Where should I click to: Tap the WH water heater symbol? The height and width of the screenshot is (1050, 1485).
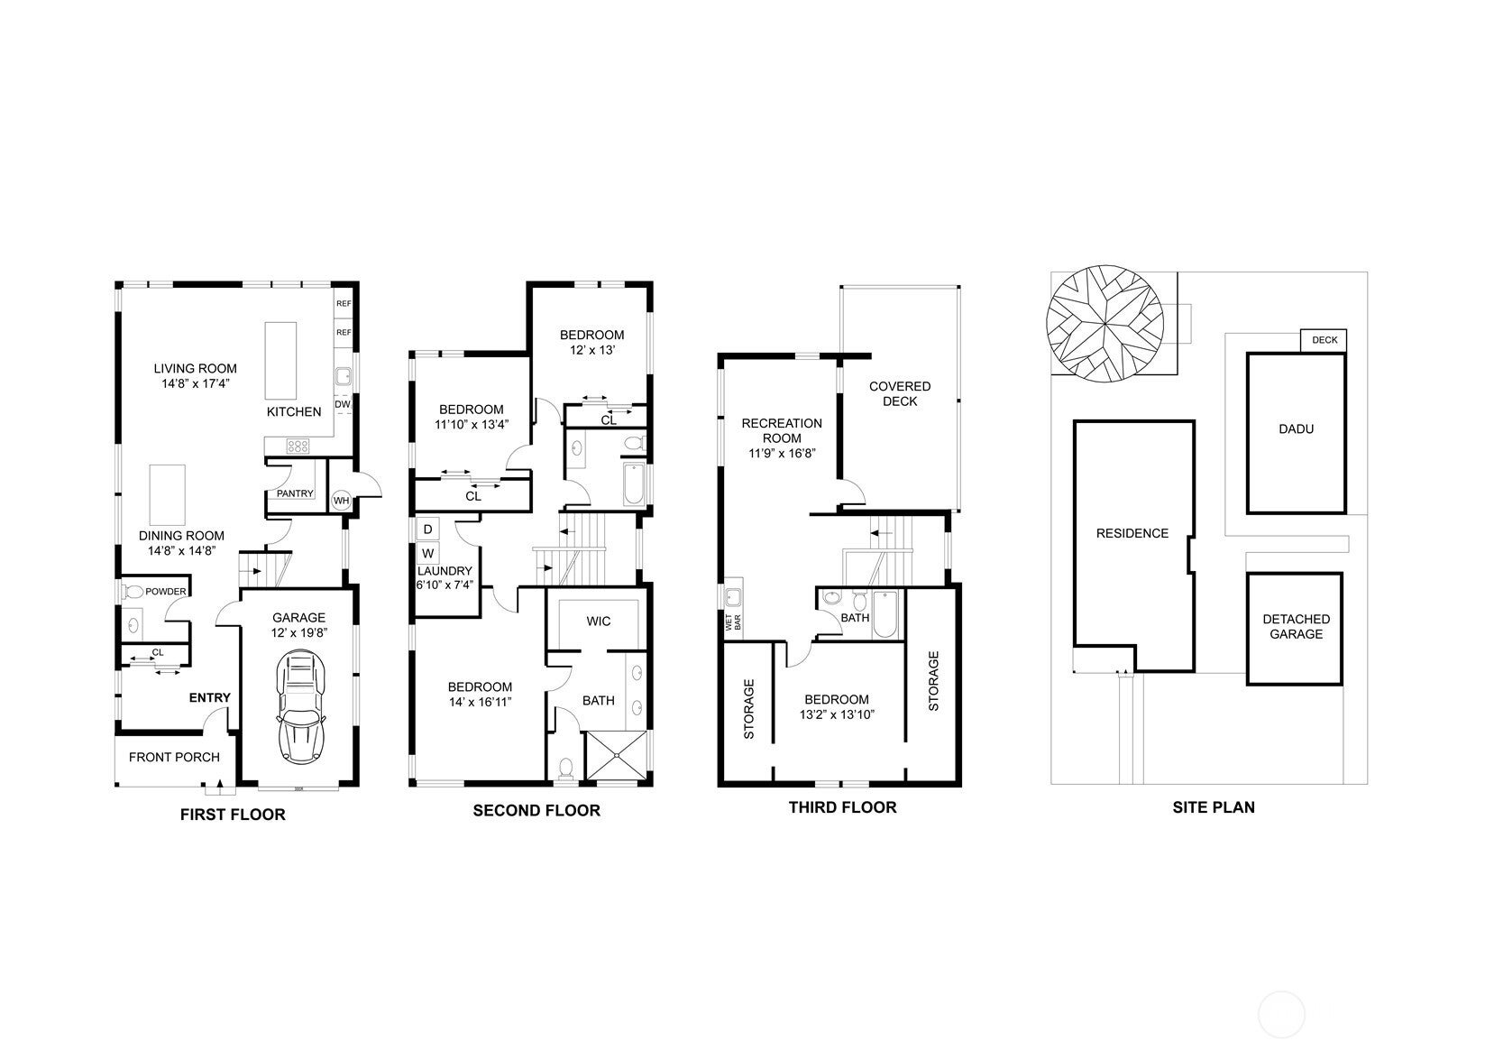click(342, 501)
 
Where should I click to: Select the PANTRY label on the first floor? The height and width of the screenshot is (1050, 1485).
click(295, 493)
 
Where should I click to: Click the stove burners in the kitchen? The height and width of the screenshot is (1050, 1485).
click(298, 446)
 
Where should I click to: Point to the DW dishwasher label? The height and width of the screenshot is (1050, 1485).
click(343, 404)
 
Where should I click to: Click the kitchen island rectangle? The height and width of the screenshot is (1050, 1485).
click(280, 361)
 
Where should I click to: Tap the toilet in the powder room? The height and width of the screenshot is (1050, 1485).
click(133, 592)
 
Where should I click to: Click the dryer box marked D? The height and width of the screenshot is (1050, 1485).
click(427, 530)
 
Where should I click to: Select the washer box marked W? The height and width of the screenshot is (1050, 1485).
click(427, 553)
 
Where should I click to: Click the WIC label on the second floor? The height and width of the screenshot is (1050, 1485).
click(599, 622)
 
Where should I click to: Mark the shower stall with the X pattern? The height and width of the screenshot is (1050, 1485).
click(617, 754)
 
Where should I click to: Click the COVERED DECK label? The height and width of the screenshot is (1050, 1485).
click(900, 393)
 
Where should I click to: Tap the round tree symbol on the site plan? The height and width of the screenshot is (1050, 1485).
click(1105, 325)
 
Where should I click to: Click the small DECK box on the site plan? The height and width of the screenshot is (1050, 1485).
click(1325, 340)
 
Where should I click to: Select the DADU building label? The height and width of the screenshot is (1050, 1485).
click(1296, 429)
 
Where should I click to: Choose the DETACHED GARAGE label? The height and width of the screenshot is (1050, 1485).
click(1296, 626)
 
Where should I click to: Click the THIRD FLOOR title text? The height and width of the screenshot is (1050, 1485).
click(842, 807)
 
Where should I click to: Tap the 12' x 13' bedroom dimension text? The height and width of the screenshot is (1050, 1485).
click(591, 350)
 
